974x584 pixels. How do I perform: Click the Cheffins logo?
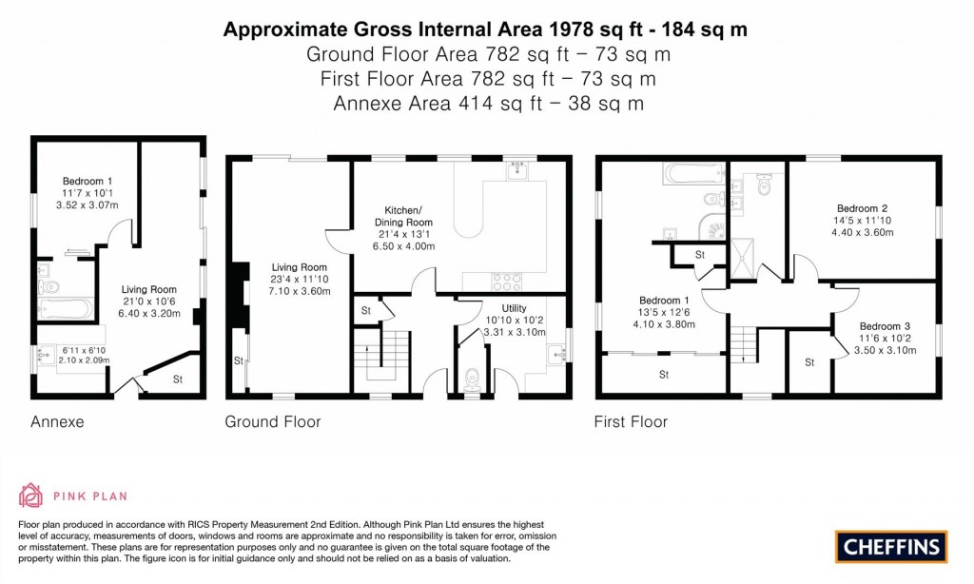[x=891, y=546]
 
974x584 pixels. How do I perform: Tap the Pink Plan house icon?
[x=31, y=496]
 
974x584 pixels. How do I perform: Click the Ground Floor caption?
[x=272, y=421]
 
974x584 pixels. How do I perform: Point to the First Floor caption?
[x=631, y=421]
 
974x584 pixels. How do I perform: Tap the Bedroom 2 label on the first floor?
[x=862, y=207]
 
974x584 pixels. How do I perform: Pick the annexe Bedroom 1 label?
[x=88, y=181]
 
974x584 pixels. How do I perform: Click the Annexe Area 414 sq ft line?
[x=487, y=103]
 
